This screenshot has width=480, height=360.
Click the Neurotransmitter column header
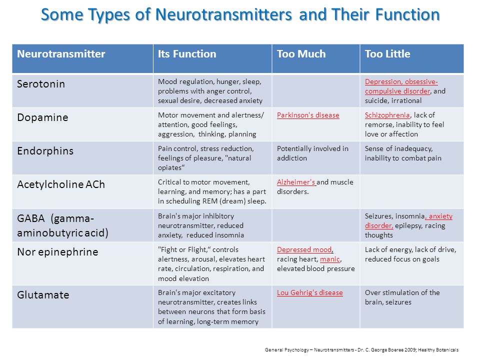[x=61, y=54]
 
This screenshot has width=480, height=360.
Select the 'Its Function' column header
[x=186, y=54]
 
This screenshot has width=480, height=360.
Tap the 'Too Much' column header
[x=301, y=54]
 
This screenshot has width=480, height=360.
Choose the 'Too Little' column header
[x=387, y=54]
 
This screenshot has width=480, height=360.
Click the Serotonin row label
[x=40, y=84]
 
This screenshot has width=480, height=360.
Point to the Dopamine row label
[x=42, y=117]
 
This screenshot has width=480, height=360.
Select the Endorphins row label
[x=45, y=151]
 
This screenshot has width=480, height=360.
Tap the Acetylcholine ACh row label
[x=61, y=184]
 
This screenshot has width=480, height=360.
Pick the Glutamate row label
[x=43, y=295]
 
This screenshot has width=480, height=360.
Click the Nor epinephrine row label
[x=57, y=252]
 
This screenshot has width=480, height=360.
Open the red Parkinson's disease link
[x=308, y=115]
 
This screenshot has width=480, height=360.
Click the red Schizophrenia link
[x=387, y=115]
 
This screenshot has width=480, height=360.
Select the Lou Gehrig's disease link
[x=310, y=292]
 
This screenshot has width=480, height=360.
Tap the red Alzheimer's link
[x=296, y=182]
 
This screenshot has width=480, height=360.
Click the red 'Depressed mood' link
[x=304, y=249]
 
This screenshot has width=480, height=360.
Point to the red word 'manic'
[x=329, y=259]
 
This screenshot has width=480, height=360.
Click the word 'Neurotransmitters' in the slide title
[x=224, y=14]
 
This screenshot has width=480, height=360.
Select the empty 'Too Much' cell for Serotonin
[x=315, y=91]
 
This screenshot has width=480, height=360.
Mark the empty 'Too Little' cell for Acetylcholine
[x=411, y=191]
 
